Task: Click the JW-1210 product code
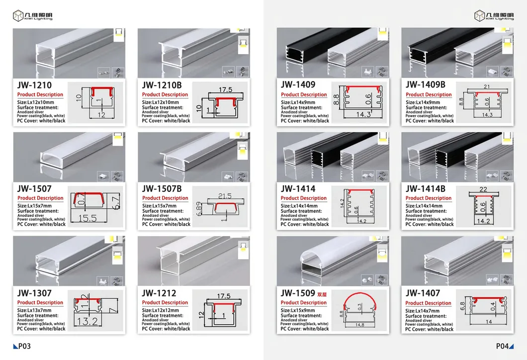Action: point(34,85)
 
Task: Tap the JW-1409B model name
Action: point(426,85)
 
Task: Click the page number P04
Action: point(503,347)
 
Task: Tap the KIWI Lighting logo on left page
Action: point(33,15)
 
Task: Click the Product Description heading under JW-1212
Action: point(165,302)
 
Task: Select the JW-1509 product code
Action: point(298,293)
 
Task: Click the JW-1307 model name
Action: point(34,293)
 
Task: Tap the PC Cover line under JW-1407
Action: point(429,329)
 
